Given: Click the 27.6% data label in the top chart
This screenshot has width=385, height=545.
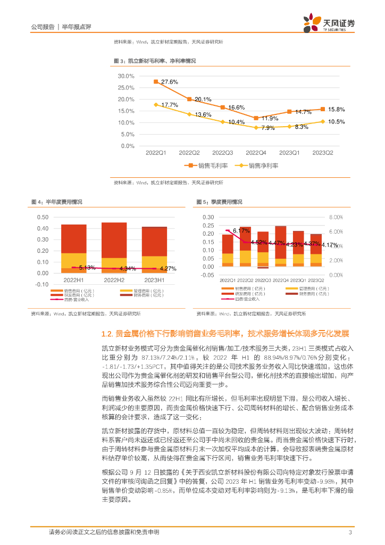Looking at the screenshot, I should pos(169,81).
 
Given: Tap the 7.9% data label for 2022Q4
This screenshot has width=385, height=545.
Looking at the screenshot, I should pos(268,128).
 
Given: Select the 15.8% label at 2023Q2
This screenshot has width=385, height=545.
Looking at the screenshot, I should pos(337,109).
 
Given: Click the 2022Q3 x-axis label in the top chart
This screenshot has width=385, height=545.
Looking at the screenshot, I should pos(222,153).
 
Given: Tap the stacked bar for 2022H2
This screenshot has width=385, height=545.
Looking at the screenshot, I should pos(114,247).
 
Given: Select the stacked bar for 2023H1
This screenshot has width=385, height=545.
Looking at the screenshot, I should pos(154,250).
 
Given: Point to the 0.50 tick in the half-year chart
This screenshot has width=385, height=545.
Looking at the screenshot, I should pos(43,217).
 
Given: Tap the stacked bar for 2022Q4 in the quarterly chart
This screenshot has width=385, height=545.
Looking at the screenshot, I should pos(280,250).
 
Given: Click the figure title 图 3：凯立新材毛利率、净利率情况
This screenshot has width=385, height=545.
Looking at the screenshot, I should pos(155,61).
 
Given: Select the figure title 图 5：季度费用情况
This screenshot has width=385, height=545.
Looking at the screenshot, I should pos(219,202).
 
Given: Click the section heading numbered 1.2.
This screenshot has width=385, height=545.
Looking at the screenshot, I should pos(225,334).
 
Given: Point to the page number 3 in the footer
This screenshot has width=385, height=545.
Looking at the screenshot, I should pos(350,532).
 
